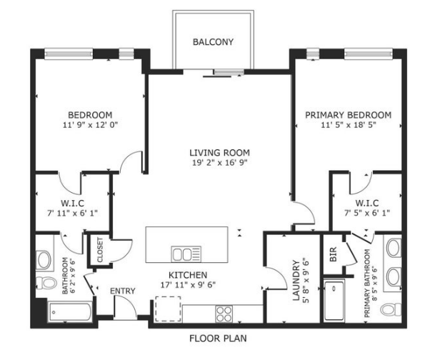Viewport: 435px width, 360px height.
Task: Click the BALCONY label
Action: coord(213,42)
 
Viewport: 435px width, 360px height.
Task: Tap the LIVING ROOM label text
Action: coord(219,152)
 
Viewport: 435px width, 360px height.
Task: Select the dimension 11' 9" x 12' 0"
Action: coord(90,125)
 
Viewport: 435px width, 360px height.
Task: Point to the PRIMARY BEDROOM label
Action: coord(348,115)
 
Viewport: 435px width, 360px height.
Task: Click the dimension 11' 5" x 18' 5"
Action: coord(348,125)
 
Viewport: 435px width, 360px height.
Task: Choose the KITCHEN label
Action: coord(188,275)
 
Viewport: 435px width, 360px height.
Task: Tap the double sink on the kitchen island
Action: coord(186,254)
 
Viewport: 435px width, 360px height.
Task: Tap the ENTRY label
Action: coord(122,291)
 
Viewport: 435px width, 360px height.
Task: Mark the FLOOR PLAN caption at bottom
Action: coord(218,338)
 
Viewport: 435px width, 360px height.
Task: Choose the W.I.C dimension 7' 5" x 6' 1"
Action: coord(366,213)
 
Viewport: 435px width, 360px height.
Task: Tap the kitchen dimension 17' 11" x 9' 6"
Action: coord(188,285)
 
